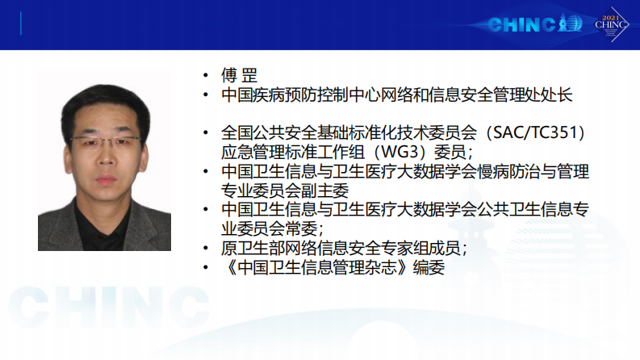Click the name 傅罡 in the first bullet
[x=240, y=76]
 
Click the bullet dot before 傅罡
[x=207, y=76]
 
